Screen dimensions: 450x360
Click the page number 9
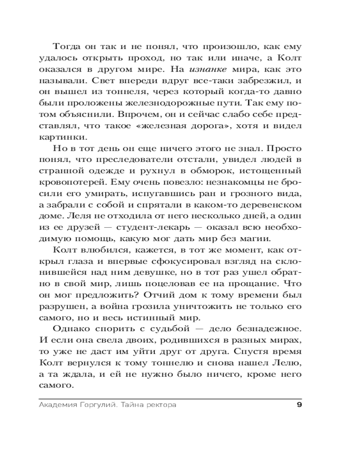pos(300,405)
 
